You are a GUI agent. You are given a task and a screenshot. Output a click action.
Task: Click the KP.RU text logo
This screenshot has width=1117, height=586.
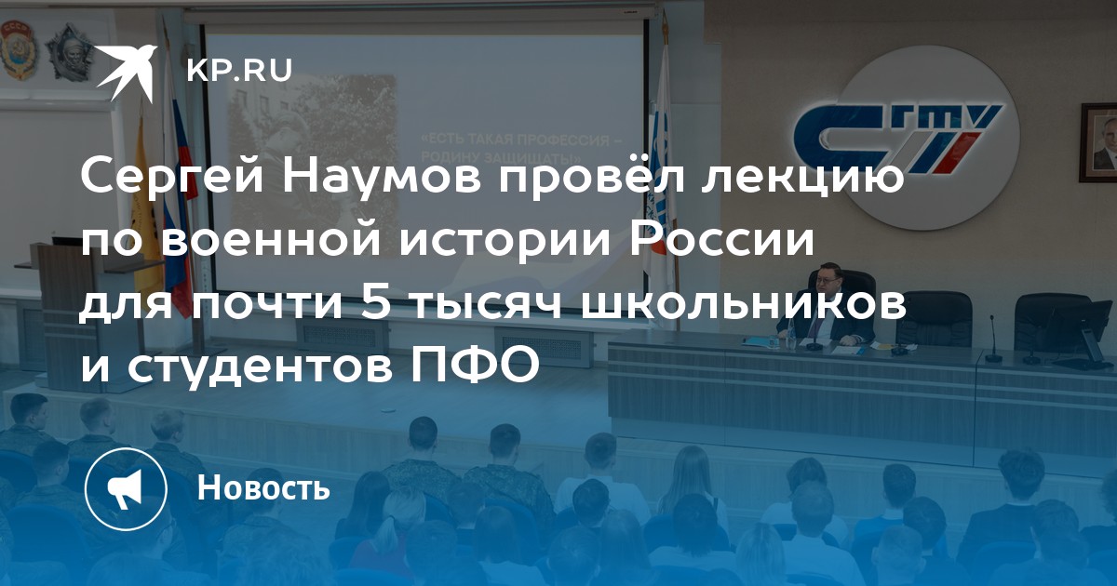(239, 71)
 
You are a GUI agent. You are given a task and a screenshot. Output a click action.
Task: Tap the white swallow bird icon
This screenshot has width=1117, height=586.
(127, 72)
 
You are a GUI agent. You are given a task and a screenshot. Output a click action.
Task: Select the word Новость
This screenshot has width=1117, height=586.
(263, 487)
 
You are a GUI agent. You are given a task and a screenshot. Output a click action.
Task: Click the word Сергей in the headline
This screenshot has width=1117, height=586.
(172, 179)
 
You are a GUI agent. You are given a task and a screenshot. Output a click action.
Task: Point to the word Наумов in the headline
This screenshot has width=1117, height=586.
(382, 178)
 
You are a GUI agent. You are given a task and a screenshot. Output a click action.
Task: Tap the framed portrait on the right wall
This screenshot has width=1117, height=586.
(1098, 143)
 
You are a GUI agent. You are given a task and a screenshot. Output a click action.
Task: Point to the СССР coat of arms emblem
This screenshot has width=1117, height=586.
(19, 50)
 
